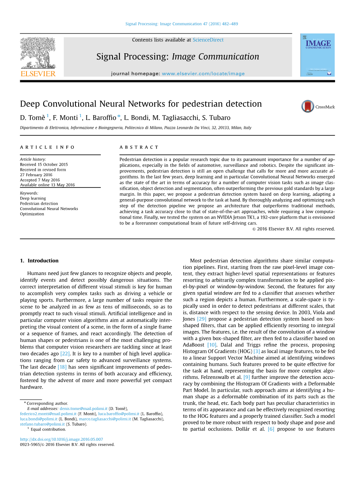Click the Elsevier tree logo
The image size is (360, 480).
point(38,53)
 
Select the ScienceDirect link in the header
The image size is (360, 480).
point(208,40)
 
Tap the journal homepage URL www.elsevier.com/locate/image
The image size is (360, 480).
point(203,74)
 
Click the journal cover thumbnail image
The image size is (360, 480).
point(317,55)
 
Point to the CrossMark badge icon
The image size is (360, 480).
point(308,106)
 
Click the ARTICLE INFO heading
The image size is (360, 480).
point(47,147)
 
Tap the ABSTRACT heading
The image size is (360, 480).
point(139,147)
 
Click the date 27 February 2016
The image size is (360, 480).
point(36,175)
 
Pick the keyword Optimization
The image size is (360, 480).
point(32,214)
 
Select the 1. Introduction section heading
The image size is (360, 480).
point(39,261)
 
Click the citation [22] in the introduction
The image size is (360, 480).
point(65,354)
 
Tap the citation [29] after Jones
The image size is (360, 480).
point(201,319)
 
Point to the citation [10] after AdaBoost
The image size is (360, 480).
point(212,345)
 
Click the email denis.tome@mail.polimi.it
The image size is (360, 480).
point(83,409)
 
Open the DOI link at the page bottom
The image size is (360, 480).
point(61,439)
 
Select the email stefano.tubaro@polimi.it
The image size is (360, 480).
point(42,424)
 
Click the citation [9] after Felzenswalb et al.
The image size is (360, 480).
point(246,377)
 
